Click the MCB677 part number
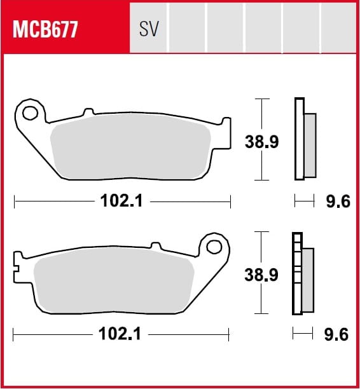tap(45, 29)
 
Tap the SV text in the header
tap(149, 29)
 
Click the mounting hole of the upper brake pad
tap(30, 113)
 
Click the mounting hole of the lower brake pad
tap(214, 247)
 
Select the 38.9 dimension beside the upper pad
tap(261, 142)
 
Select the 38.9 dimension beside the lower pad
tap(261, 275)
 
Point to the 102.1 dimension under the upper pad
tap(121, 201)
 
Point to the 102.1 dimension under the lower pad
tap(120, 334)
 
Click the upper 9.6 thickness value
tap(338, 201)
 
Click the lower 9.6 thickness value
tap(336, 335)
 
